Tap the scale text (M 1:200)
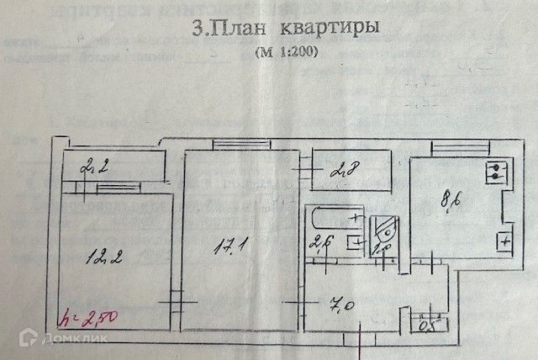287,51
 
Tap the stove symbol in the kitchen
496,173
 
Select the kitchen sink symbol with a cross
504,241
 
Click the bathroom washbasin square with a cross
356,245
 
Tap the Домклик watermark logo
59,340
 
